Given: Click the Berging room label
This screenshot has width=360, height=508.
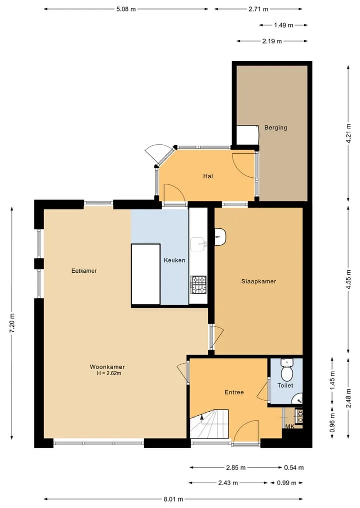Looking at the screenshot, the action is tap(275, 128).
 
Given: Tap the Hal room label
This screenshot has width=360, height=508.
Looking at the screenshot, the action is tap(208, 176).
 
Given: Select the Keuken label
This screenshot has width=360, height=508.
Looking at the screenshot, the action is tap(174, 260).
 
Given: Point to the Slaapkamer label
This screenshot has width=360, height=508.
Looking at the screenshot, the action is tap(258, 281).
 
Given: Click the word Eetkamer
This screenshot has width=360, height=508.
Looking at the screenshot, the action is tap(84, 271).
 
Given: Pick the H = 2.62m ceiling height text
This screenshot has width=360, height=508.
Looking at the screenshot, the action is tap(109, 373).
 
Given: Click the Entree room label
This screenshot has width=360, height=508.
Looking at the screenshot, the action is tap(234, 392).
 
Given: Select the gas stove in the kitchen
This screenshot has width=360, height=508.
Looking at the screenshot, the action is tap(198, 284).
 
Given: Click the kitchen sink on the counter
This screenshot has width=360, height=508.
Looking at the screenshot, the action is tap(198, 244).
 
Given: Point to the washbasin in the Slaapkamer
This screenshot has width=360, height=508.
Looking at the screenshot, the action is tap(220, 237).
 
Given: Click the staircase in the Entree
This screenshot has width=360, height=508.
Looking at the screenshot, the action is tap(209, 424).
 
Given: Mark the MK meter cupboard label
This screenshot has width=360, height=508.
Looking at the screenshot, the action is tap(290, 427).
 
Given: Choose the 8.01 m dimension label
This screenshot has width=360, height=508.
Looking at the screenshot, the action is tap(173, 499).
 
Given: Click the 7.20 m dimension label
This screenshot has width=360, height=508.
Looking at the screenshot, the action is tap(12, 323).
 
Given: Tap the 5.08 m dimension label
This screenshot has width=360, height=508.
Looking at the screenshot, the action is tap(126, 9).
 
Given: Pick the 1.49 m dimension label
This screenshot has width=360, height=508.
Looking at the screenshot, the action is tap(283, 25).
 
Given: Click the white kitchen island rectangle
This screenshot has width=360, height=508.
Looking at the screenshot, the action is tap(145, 274).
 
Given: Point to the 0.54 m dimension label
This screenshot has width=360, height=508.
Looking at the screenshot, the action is tap(294, 468).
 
